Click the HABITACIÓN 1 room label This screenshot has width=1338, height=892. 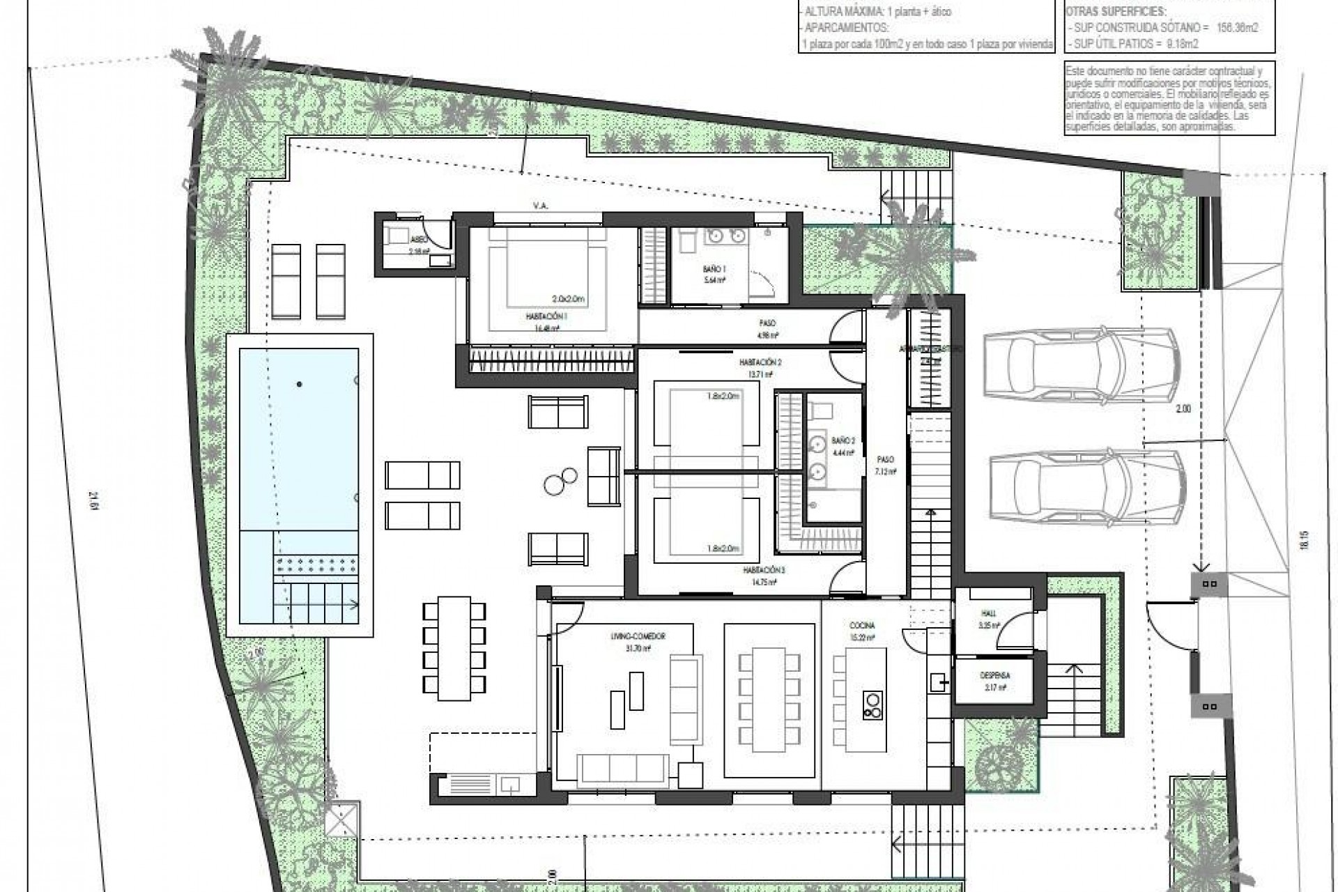(x=546, y=316)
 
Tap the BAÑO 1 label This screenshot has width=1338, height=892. (x=714, y=268)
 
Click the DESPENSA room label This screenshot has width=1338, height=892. (x=994, y=675)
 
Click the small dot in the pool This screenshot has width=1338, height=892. (x=299, y=383)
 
